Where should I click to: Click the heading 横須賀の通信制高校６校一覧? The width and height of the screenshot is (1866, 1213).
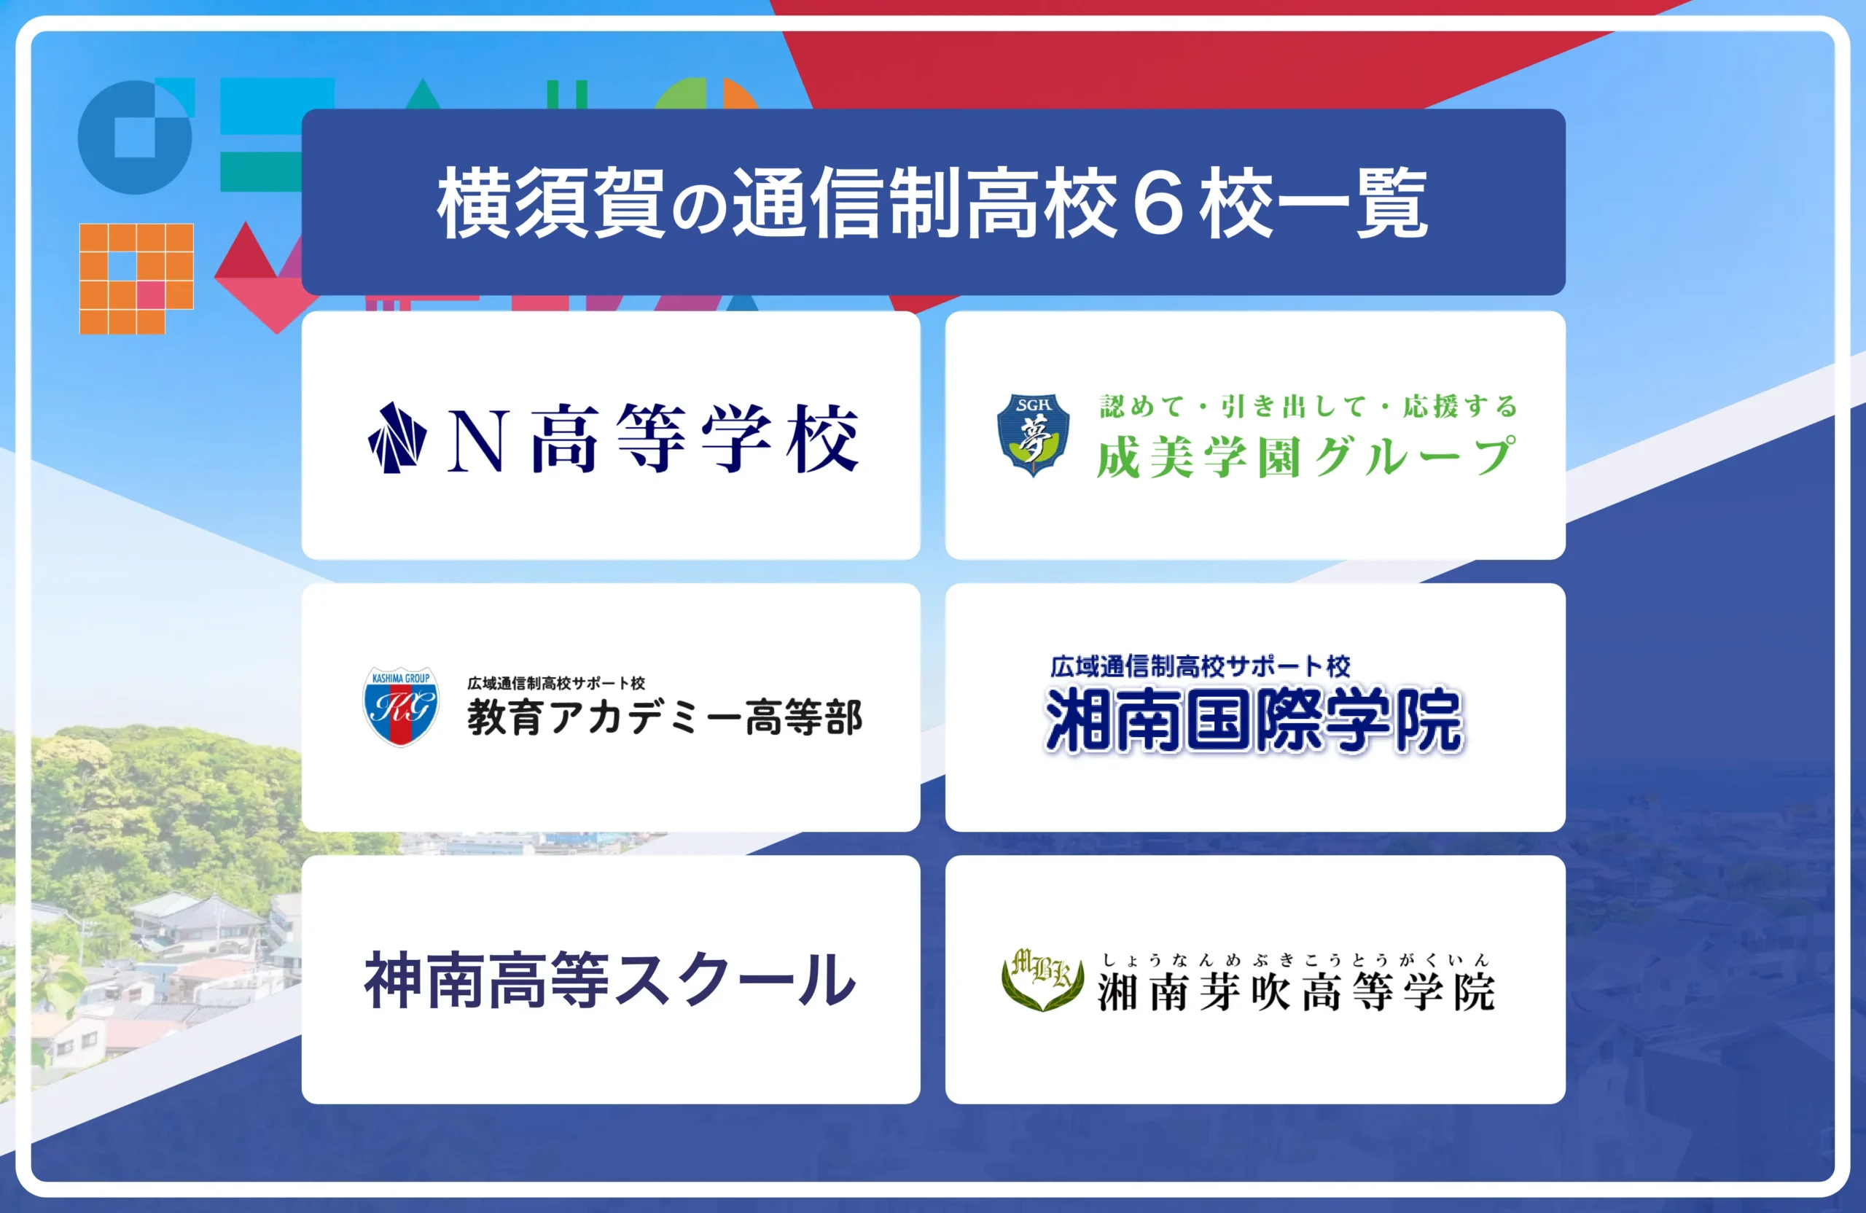tap(932, 203)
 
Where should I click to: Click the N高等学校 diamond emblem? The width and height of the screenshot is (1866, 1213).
tap(397, 437)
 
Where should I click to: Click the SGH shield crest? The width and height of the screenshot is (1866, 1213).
tap(1033, 434)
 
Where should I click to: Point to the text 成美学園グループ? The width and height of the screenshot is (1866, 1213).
tap(1306, 457)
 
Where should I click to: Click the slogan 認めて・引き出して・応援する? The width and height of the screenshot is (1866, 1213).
tap(1308, 406)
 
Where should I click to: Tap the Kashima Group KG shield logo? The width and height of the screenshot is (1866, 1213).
tap(401, 706)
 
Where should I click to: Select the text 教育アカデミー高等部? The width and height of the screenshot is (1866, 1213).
tap(665, 717)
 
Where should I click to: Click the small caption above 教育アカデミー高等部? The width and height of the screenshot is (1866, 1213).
tap(556, 683)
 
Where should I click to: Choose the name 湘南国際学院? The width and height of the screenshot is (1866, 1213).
tap(1254, 719)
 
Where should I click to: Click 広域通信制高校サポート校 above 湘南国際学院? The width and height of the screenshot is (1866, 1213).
tap(1201, 666)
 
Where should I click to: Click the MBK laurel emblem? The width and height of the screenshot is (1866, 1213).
tap(1043, 978)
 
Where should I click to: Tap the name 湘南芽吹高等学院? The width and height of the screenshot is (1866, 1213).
tap(1297, 993)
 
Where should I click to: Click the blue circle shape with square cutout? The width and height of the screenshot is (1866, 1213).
tap(136, 137)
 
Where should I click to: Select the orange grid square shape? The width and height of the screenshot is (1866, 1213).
tap(136, 279)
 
